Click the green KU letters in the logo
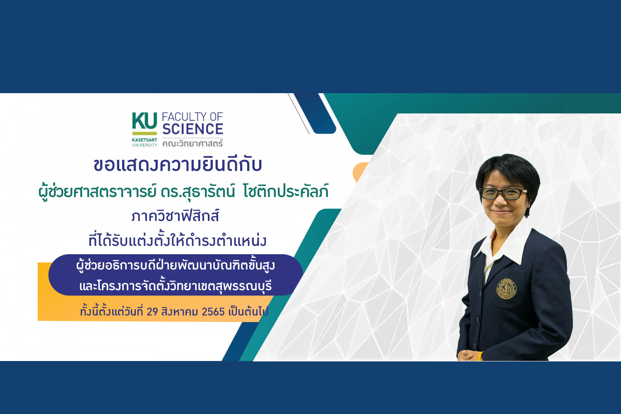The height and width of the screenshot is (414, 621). point(144,121)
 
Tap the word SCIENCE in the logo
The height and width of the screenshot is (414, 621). point(193,129)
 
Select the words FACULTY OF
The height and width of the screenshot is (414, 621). point(193,117)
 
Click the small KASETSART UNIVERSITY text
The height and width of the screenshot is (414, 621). point(144,142)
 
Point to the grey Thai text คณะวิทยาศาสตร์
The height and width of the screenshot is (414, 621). point(193,143)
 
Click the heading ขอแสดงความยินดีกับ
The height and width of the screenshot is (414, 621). point(178,165)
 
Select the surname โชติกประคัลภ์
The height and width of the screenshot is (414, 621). point(286,191)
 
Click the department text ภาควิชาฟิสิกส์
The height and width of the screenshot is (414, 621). point(176,216)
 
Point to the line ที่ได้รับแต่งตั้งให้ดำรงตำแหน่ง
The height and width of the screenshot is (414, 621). point(178,240)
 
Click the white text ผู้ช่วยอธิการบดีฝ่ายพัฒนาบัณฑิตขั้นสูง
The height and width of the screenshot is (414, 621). point(176,265)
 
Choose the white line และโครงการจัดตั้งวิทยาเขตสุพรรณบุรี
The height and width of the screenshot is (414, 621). point(176,286)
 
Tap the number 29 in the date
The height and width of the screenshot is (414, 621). point(152,312)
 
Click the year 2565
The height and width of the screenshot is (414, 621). point(213,312)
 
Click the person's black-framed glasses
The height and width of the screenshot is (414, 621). point(503,194)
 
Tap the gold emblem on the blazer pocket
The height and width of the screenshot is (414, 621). point(506,289)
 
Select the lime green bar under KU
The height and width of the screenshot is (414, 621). point(144,133)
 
